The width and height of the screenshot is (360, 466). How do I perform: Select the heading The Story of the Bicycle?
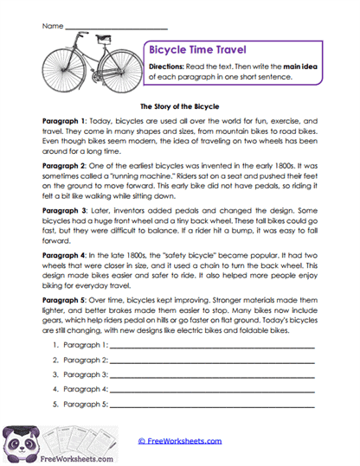pyautogui.click(x=179, y=103)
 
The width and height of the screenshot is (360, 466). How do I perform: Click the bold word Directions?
pyautogui.click(x=164, y=67)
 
